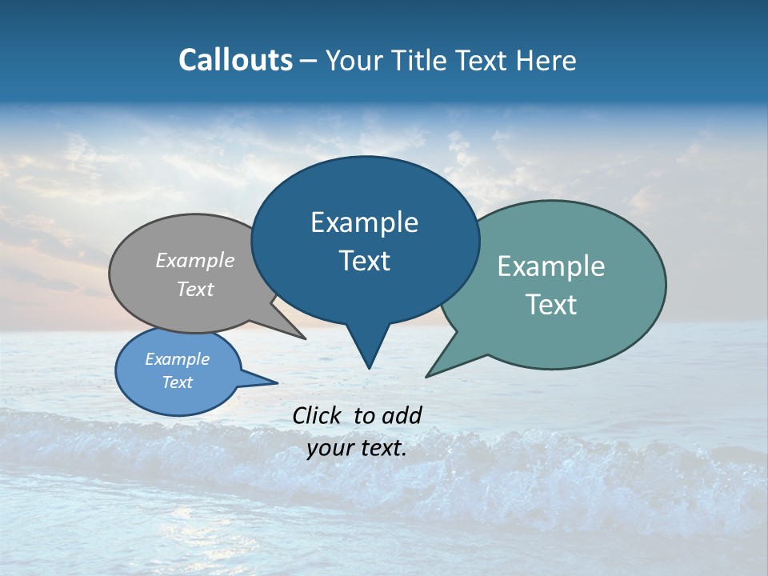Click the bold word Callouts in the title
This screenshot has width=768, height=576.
click(236, 60)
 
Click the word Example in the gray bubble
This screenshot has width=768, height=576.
click(195, 260)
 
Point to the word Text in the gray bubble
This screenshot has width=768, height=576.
click(195, 289)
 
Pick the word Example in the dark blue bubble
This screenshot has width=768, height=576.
click(365, 222)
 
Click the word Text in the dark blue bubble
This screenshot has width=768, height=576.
click(365, 261)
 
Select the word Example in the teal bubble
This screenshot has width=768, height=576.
click(551, 266)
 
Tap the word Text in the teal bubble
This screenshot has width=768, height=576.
click(551, 305)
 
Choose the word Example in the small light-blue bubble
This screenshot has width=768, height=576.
click(178, 359)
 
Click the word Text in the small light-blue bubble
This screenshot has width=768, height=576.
click(178, 382)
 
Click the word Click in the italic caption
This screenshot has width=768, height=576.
click(318, 415)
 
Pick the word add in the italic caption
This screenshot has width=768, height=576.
click(402, 415)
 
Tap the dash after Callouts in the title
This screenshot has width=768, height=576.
click(309, 60)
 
